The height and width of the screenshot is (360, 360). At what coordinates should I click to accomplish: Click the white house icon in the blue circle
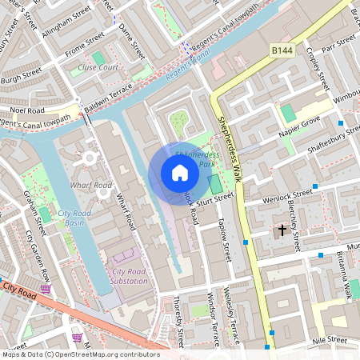(179, 173)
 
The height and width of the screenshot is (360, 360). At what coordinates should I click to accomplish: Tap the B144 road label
(282, 50)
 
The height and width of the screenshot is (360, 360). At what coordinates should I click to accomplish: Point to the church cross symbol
(281, 230)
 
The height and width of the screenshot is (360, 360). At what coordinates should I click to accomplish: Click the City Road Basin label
(74, 219)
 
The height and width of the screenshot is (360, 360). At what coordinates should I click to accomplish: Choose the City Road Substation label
(129, 276)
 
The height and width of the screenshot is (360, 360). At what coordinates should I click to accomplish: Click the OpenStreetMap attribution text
(80, 354)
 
